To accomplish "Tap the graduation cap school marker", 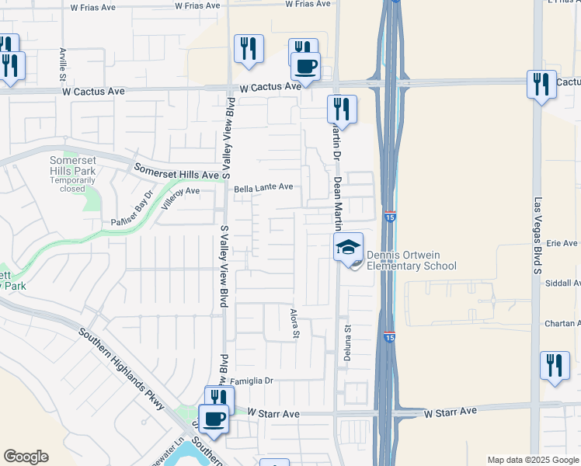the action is (349, 248).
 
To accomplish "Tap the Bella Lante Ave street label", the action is (264, 187).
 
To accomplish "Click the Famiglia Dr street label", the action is (254, 381).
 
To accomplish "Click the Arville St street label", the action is (62, 64).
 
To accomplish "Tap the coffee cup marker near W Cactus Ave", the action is (306, 66).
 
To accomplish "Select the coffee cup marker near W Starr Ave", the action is (214, 419).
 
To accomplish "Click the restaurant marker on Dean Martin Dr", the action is (341, 109).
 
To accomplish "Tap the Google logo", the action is (26, 457).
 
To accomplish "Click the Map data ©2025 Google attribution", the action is (533, 460).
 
